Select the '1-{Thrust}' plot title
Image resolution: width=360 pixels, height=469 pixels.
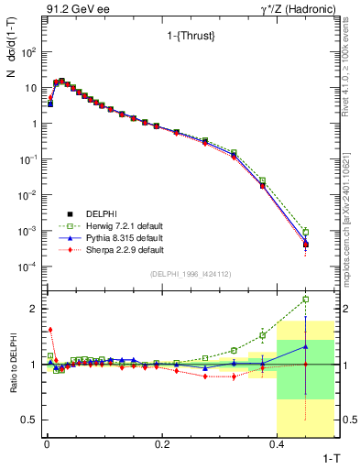[x=180, y=37]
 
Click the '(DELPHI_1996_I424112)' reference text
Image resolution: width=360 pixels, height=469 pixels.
[x=191, y=273]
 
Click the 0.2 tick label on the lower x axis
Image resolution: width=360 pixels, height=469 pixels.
[x=161, y=444]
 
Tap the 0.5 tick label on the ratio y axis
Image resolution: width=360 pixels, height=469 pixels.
[x=30, y=420]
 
